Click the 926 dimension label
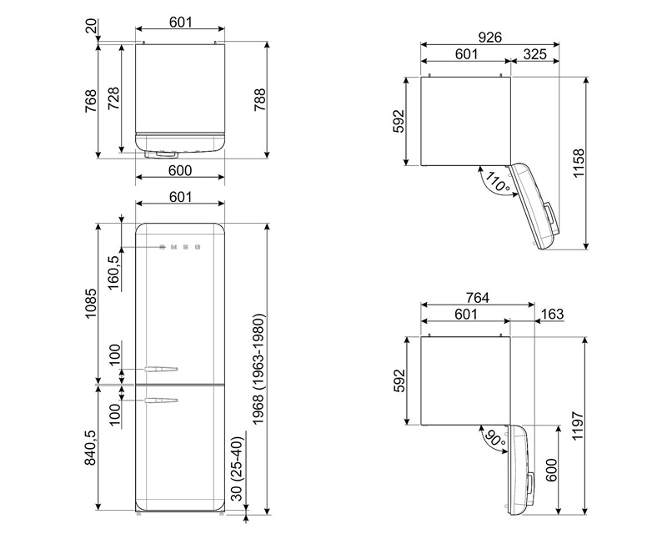coord(490,38)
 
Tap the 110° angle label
coord(497,182)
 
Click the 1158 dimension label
coord(579,164)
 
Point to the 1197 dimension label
coord(579,426)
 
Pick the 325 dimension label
coord(534,54)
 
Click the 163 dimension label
coord(552,314)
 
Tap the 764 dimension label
coord(477,298)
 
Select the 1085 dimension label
coord(91,304)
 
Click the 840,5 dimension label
coord(91,447)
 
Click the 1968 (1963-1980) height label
coord(259,370)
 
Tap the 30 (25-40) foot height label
coord(238,469)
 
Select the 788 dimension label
coord(259,100)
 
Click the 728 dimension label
coord(114,98)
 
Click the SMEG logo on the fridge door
coord(179,247)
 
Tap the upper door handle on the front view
coord(161,369)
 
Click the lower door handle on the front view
coord(161,400)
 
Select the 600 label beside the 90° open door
coord(551,470)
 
